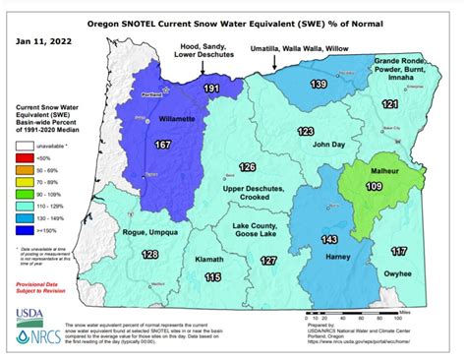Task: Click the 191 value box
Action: [211, 90]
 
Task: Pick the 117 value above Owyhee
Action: [398, 251]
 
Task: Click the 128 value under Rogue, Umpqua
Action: [149, 256]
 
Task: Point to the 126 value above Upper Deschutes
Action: [248, 167]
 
